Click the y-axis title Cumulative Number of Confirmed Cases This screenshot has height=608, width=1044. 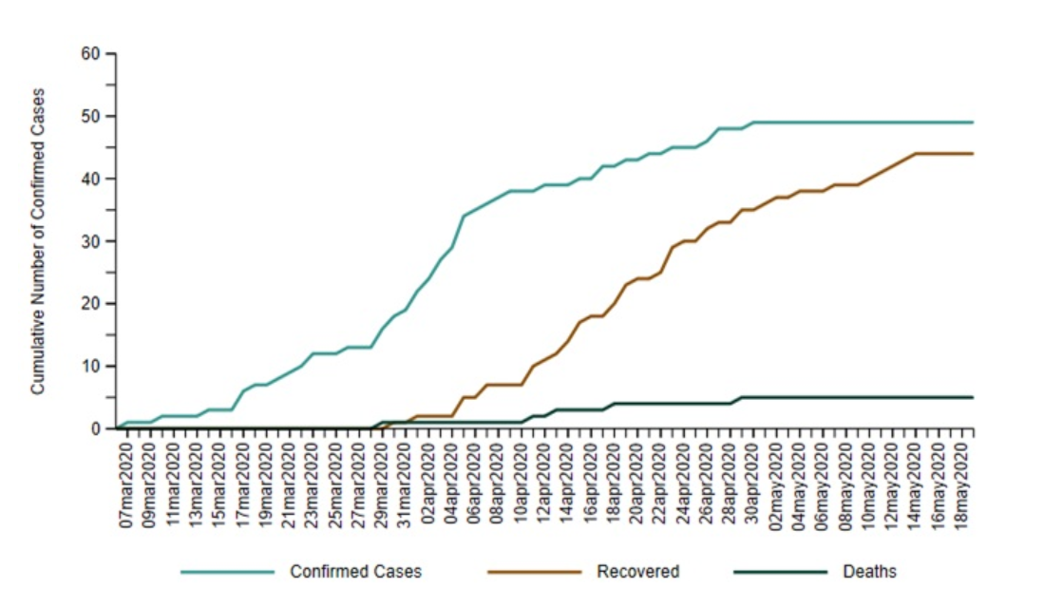point(38,241)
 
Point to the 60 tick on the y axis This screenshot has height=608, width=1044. point(93,53)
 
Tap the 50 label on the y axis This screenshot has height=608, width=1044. point(93,116)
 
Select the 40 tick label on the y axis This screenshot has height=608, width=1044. point(93,179)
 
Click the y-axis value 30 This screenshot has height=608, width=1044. point(93,241)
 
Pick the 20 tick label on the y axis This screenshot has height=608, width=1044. point(93,304)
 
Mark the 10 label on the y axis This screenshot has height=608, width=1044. point(93,367)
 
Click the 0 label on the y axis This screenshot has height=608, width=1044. point(97,429)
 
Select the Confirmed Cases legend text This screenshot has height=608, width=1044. point(355,572)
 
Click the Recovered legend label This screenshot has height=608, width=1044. point(637,572)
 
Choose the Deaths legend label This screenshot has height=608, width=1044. point(869,572)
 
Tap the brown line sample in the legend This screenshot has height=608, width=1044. point(534,572)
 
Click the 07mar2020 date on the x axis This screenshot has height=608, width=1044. point(127,481)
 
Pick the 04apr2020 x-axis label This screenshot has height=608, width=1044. point(452,481)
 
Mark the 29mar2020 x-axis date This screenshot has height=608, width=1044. point(383,481)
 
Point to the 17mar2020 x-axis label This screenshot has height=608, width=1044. point(243,481)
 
